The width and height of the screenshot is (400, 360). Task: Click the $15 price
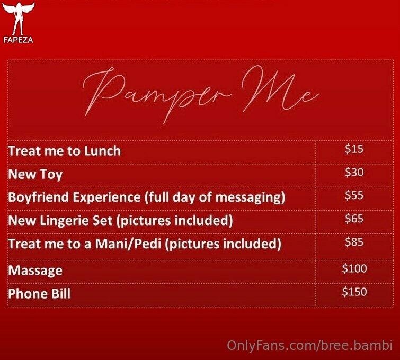point(354,149)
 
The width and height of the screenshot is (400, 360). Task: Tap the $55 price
point(354,195)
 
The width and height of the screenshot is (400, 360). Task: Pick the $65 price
point(354,219)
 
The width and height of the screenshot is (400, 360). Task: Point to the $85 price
point(354,242)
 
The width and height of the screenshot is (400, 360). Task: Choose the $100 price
point(354,268)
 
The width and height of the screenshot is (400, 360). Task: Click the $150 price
point(354,292)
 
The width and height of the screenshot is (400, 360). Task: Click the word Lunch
point(103,151)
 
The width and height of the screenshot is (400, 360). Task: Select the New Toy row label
point(35,175)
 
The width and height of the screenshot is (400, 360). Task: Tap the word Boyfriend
point(39,197)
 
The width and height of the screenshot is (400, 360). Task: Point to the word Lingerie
point(76,221)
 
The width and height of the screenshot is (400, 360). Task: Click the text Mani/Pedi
point(128,244)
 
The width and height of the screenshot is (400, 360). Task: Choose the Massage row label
point(35,271)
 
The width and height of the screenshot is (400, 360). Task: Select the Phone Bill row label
point(39,293)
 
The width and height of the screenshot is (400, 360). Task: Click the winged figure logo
point(19,19)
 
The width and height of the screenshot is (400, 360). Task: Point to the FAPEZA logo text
point(19,40)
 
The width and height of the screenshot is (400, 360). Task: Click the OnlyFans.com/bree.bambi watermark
point(309,346)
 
